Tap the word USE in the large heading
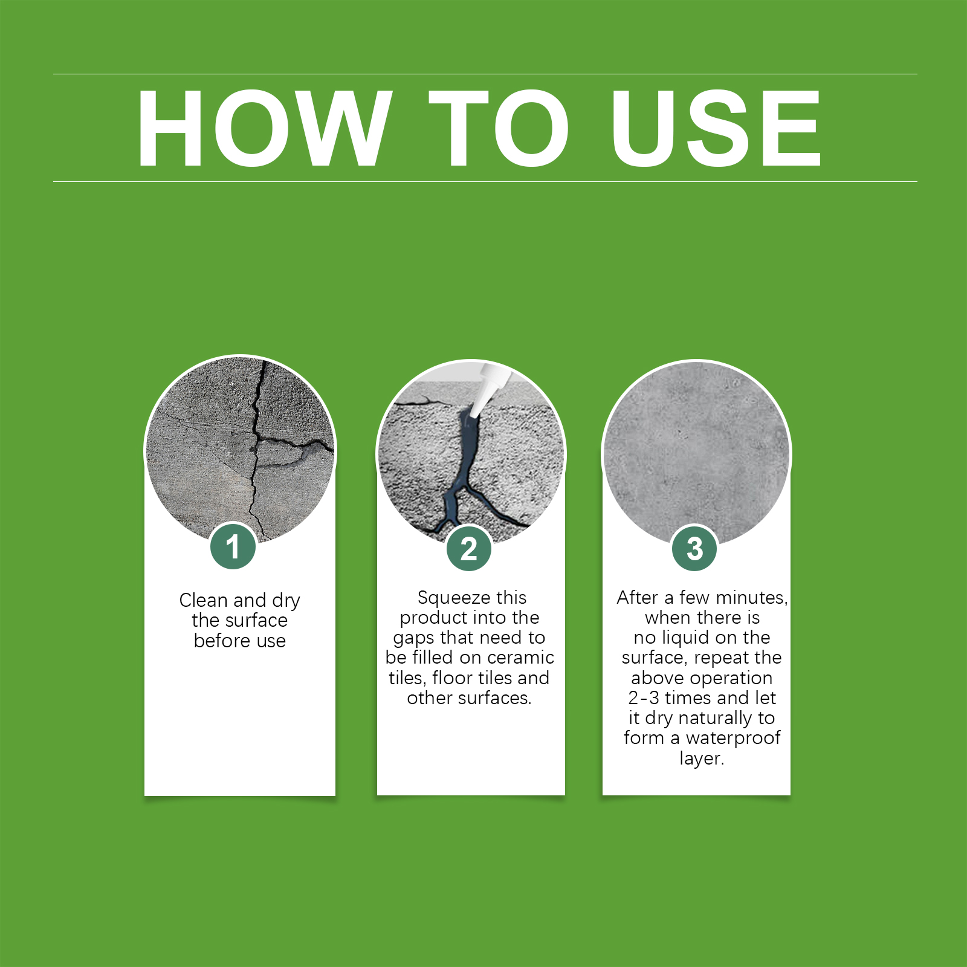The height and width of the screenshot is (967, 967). [x=716, y=128]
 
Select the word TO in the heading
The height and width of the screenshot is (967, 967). [x=499, y=128]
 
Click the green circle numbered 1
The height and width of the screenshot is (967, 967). [x=233, y=547]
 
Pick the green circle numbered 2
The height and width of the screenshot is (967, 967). [x=469, y=549]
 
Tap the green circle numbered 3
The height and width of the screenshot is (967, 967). [x=695, y=549]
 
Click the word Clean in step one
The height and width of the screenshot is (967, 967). [x=204, y=600]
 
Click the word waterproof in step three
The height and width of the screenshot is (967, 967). [x=733, y=739]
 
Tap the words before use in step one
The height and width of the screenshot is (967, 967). [x=240, y=641]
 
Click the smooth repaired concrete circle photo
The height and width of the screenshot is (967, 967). [x=696, y=454]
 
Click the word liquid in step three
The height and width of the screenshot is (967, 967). [x=687, y=638]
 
